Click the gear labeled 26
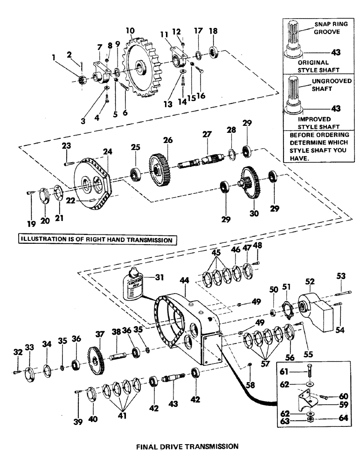tap(159, 170)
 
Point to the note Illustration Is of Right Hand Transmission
tap(95, 240)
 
